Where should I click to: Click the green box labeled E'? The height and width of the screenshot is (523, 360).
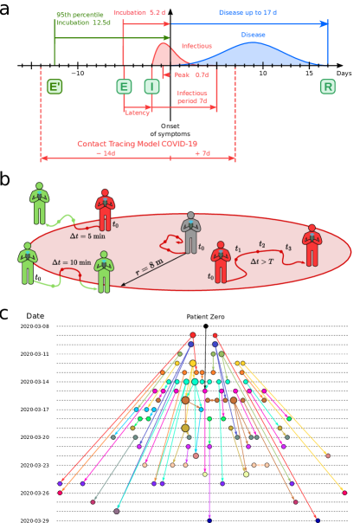55,87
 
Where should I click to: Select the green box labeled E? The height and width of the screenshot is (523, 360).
124,87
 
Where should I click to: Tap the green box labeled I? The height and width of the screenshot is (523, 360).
151,87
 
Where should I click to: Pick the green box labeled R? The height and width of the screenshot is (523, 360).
327,87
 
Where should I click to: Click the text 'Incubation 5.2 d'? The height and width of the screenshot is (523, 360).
139,13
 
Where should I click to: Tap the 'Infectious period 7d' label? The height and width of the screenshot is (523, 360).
191,96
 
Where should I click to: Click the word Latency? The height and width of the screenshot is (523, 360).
137,113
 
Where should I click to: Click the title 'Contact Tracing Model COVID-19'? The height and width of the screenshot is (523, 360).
137,144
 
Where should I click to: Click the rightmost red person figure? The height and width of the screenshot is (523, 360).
312,245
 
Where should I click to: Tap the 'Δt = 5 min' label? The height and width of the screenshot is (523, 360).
87,236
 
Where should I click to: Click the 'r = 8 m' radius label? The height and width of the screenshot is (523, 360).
155,268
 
